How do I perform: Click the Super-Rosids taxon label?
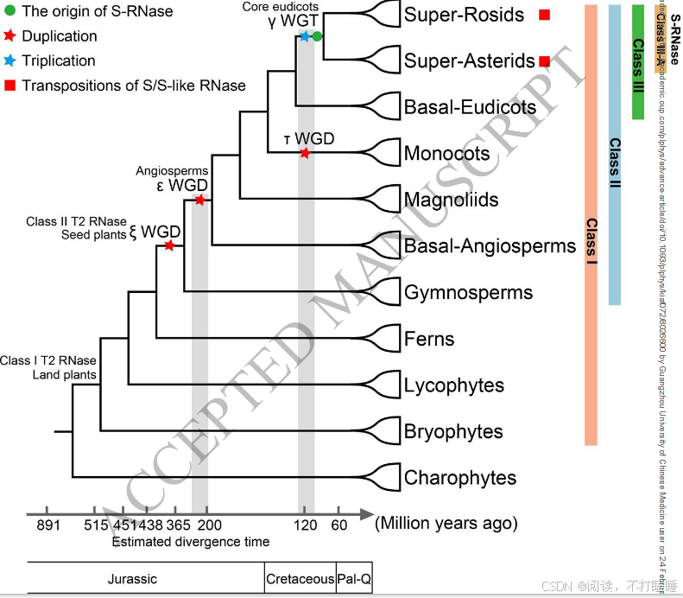pyautogui.click(x=464, y=15)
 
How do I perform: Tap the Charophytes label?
pyautogui.click(x=460, y=478)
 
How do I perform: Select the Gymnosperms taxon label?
pyautogui.click(x=468, y=292)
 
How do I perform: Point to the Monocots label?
pyautogui.click(x=446, y=154)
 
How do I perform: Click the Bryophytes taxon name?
pyautogui.click(x=453, y=431)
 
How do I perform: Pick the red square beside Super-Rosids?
pyautogui.click(x=545, y=15)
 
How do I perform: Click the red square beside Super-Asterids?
pyautogui.click(x=545, y=61)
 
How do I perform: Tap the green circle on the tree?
pyautogui.click(x=317, y=36)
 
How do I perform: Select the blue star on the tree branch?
pyautogui.click(x=305, y=36)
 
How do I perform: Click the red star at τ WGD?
pyautogui.click(x=305, y=154)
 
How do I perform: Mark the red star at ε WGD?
pyautogui.click(x=199, y=200)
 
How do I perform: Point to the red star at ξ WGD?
pyautogui.click(x=170, y=246)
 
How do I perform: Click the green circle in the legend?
pyautogui.click(x=10, y=12)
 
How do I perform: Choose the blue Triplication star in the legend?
pyautogui.click(x=10, y=61)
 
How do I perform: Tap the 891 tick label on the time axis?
pyautogui.click(x=47, y=525)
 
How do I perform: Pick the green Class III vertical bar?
pyautogui.click(x=639, y=60)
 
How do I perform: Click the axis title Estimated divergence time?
pyautogui.click(x=190, y=542)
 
